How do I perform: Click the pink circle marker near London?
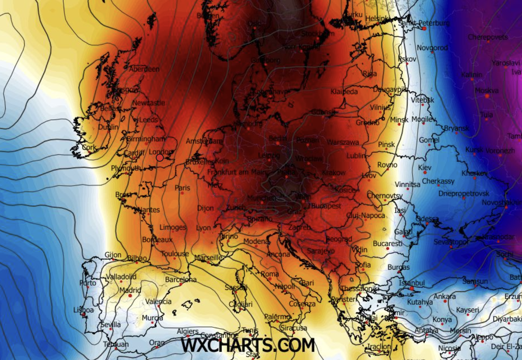[x=160, y=158]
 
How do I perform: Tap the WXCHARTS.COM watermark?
[x=248, y=345]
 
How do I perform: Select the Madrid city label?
[x=130, y=290]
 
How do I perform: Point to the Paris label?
[x=183, y=188]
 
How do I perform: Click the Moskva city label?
[x=487, y=90]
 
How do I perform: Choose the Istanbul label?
[x=412, y=283]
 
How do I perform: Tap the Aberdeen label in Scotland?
[x=144, y=69]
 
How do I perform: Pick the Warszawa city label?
[x=343, y=142]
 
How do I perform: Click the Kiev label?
[x=425, y=168]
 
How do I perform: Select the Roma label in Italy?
[x=270, y=274]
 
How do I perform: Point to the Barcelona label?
[x=181, y=280]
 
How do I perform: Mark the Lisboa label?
[x=84, y=310]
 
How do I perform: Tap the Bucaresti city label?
[x=388, y=243]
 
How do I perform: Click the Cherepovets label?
[x=488, y=37]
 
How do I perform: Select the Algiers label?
[x=187, y=331]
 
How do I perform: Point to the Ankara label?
[x=445, y=296]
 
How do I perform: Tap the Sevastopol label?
[x=451, y=242]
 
